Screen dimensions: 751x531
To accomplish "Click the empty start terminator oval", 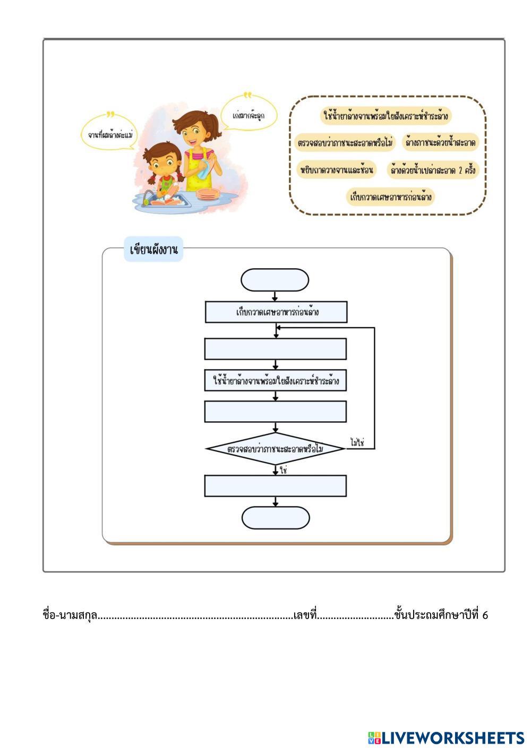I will coord(275,280).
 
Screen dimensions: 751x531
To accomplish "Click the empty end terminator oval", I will coord(275,518).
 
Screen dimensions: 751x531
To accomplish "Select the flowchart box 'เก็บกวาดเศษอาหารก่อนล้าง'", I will coord(276,312).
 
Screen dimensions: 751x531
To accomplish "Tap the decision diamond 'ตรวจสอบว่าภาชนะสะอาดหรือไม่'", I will coord(276,449).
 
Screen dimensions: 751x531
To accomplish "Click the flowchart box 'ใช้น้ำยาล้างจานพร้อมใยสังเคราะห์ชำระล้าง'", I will coord(276,381).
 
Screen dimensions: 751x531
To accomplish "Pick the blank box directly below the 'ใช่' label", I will coord(276,486).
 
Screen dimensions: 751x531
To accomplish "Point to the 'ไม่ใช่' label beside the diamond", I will coord(357,442).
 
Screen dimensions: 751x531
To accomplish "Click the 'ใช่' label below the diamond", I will coord(283,470).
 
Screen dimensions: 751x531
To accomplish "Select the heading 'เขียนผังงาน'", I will coord(153,250).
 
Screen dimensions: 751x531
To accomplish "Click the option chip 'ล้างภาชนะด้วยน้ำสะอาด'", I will coord(440,143).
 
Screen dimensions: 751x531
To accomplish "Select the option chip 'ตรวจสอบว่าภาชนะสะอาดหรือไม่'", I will coord(345,143).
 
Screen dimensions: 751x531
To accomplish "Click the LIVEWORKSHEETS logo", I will coord(446,738).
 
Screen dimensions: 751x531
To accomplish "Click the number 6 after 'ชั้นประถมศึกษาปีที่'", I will coord(485,615).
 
